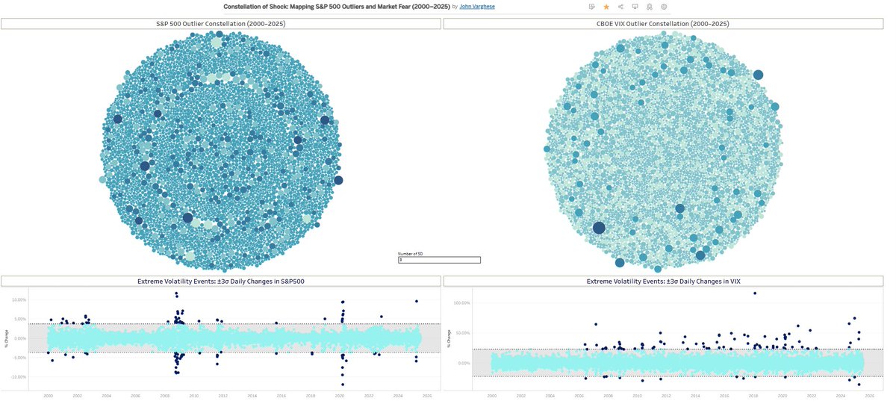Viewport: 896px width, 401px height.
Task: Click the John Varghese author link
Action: tap(473, 6)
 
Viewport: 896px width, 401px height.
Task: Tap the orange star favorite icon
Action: tap(606, 7)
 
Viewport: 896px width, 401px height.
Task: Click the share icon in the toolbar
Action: tap(621, 7)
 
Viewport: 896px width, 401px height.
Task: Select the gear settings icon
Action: tap(664, 7)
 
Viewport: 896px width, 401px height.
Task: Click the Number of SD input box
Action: tap(439, 260)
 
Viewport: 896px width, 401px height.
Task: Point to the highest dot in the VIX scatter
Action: tap(755, 293)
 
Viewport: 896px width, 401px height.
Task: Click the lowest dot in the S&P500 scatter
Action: tap(343, 385)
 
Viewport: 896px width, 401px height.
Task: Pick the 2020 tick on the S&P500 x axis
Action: tap(340, 396)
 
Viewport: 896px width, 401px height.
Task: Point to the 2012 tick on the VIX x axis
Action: tap(666, 396)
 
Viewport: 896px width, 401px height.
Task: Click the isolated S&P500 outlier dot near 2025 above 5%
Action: tap(417, 301)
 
